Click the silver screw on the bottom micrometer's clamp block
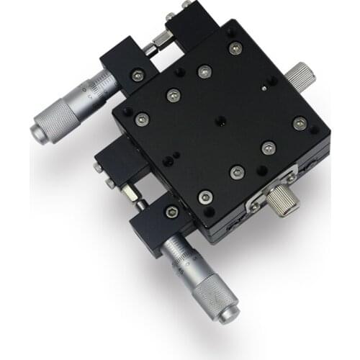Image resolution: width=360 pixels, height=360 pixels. tap(171, 212)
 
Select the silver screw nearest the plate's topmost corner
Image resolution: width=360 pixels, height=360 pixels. tap(233, 48)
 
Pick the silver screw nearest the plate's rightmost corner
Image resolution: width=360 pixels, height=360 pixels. tap(300, 124)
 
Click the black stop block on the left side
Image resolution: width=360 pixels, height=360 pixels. tap(120, 164)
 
